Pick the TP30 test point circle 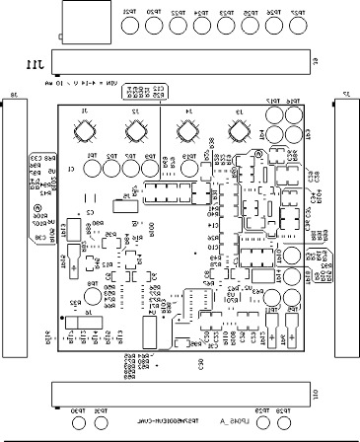point(77,423)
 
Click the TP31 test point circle point(100,423)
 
